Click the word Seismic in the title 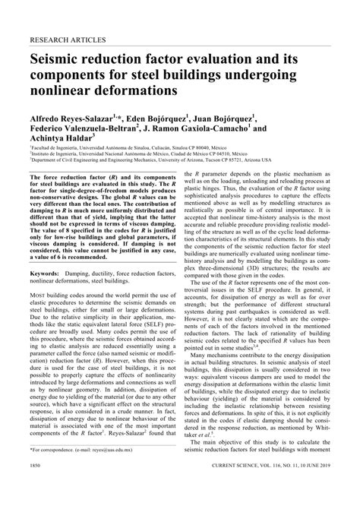pos(59,59)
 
